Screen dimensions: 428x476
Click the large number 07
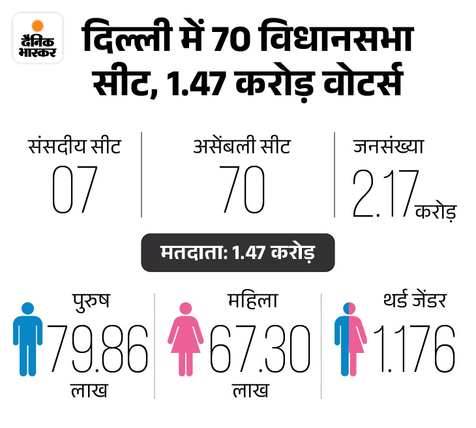tap(74, 191)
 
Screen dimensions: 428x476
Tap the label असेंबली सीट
tap(242, 145)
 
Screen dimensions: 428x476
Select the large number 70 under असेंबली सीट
tap(241, 191)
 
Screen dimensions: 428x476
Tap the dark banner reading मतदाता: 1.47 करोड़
tap(237, 252)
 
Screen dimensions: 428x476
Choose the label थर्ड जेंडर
tap(413, 302)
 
